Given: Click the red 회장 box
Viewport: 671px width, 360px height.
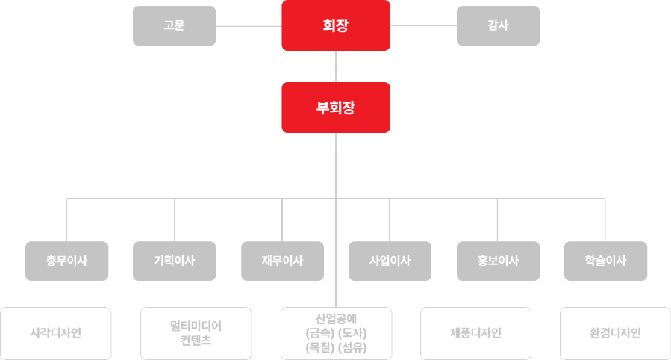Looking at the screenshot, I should coord(336,25).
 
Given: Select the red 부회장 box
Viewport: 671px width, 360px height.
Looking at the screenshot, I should coord(336,107).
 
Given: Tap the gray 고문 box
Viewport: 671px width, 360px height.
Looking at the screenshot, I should coord(174,25).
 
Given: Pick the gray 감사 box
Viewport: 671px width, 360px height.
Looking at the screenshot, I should coord(498,25).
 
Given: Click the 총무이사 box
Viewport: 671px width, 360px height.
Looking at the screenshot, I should coord(67,261).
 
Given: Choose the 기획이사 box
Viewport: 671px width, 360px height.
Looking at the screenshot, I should coord(175,261).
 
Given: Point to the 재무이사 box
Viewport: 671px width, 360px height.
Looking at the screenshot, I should coord(282,261).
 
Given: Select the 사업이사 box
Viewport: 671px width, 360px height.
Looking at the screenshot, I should coord(390,261).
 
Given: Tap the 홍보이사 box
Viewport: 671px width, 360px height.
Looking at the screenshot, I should coord(498,261).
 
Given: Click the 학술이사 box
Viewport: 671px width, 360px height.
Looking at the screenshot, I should coord(605,261).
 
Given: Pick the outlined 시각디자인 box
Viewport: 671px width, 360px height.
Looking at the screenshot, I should coord(56,333).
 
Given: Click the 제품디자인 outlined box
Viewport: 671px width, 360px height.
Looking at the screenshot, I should coord(476,333).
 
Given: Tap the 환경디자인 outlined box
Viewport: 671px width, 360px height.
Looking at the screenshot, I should coord(615,333).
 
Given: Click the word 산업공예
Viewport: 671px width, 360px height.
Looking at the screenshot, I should coord(336,317).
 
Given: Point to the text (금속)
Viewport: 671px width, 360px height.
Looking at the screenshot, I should coord(320,332).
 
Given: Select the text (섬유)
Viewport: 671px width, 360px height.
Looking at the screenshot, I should coord(353,347).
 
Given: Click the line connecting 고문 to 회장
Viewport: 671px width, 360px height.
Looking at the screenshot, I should coord(249,26).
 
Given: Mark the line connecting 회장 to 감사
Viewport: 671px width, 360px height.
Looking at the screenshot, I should coord(423,26).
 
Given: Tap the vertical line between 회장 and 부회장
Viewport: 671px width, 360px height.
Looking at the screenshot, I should coord(336,66).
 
